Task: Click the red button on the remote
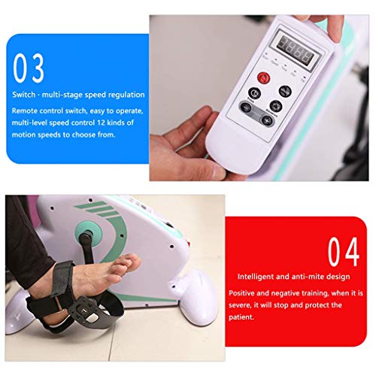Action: tap(263, 77)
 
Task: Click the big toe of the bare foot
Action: tap(132, 260)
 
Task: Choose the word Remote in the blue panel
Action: tap(26, 110)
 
